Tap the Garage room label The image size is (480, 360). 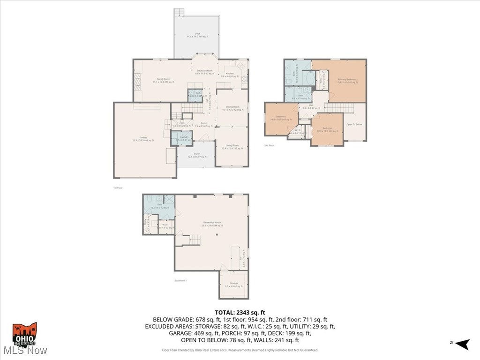pyautogui.click(x=143, y=138)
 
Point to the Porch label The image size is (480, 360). pyautogui.click(x=196, y=155)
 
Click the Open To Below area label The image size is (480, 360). pyautogui.click(x=355, y=124)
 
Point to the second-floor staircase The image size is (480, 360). pyautogui.click(x=339, y=108)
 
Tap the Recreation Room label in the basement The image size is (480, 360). pyautogui.click(x=212, y=224)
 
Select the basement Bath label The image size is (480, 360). pyautogui.click(x=159, y=205)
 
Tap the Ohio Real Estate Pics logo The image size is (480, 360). pyautogui.click(x=24, y=334)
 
